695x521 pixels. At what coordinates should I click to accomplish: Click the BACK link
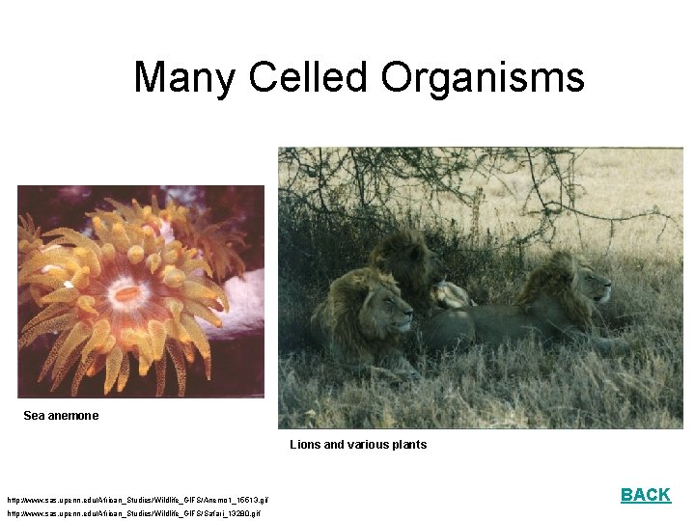[x=645, y=495]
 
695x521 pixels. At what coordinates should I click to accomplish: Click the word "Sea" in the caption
[x=33, y=416]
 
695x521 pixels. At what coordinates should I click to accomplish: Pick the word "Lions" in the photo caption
[x=305, y=445]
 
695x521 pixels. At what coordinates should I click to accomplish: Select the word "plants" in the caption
[x=407, y=445]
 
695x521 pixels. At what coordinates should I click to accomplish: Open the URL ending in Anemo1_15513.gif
[x=138, y=500]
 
